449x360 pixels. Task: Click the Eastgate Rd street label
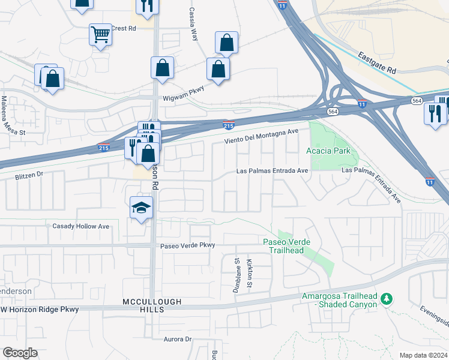click(376, 62)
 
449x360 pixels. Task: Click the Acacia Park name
click(329, 151)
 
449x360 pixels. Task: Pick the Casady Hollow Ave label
click(81, 226)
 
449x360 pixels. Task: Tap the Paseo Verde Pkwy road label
click(187, 245)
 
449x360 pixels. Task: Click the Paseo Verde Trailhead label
click(287, 245)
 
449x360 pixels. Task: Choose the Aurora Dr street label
click(177, 339)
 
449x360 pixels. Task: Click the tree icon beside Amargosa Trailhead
click(387, 298)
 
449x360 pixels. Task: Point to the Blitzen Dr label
click(29, 175)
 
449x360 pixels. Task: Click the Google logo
click(20, 352)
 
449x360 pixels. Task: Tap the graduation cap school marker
click(141, 208)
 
